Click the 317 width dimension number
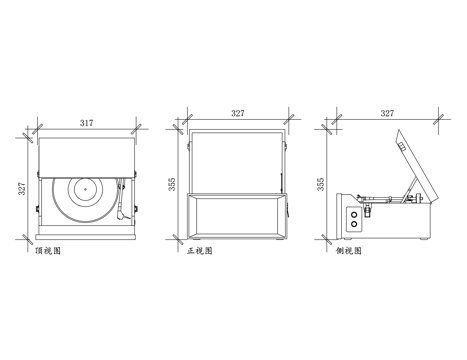point(86,123)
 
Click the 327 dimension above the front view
point(238,113)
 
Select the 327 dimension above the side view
point(387,113)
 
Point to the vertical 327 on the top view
point(22,189)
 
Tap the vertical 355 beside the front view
point(171,184)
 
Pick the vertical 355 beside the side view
point(320,184)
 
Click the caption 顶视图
point(48,251)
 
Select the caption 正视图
point(199,251)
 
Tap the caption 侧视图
point(349,251)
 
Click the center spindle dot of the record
point(85,189)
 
